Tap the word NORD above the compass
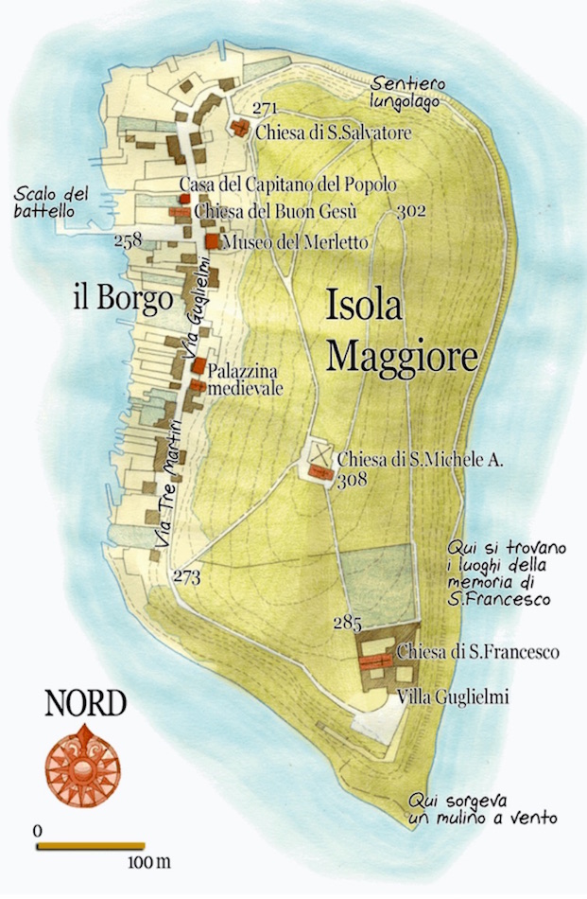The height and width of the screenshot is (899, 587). point(85,705)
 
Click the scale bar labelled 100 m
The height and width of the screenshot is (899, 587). point(91,845)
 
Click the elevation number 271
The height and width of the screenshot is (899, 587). point(266,110)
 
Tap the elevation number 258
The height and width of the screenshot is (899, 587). point(127,240)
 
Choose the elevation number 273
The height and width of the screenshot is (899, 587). point(186,577)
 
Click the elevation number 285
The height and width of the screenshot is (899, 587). point(349,624)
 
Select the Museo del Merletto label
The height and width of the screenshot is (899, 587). point(295,243)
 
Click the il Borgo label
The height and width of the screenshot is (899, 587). point(123,300)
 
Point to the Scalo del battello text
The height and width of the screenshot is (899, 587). point(51,203)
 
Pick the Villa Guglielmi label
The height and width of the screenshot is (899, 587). point(453,697)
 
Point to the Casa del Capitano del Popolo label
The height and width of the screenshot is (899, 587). point(286,185)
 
